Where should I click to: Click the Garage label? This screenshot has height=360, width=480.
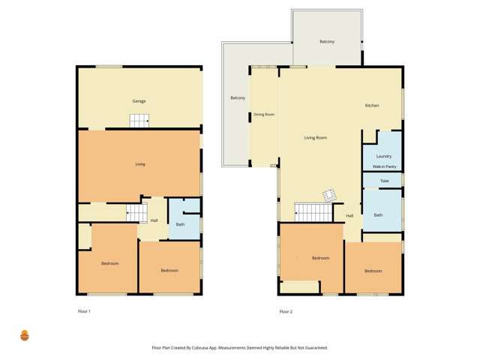[139, 100]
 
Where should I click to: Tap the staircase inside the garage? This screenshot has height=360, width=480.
[139, 120]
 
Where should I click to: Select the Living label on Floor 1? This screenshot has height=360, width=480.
[139, 164]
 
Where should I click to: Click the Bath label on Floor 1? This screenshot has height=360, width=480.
[180, 224]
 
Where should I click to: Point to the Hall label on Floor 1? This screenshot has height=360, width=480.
[154, 220]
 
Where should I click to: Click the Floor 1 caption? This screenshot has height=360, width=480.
[84, 311]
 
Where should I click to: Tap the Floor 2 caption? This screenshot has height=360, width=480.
[286, 311]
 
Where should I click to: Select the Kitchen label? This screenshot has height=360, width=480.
[372, 106]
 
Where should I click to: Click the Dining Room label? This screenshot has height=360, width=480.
[264, 115]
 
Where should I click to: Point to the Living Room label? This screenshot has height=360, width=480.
[315, 138]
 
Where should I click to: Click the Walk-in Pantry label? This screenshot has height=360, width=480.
[384, 166]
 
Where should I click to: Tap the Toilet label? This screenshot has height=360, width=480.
[384, 181]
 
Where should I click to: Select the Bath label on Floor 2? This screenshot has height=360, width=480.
[378, 215]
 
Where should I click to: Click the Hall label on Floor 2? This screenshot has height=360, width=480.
[349, 216]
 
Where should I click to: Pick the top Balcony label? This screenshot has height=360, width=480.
[326, 41]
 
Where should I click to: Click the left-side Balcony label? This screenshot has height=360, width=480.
[238, 98]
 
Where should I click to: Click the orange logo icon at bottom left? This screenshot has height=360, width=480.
[24, 335]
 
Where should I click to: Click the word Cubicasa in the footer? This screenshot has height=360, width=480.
[214, 348]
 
